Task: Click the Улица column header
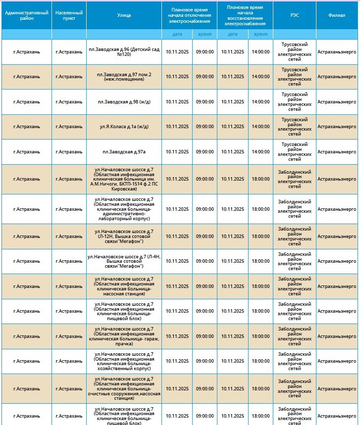(124, 15)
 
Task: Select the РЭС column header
(294, 15)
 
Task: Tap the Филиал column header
(337, 15)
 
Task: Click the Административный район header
(27, 15)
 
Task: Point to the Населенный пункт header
(69, 15)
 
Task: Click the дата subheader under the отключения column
(177, 34)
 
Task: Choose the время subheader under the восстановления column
(260, 34)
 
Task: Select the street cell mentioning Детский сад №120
(124, 52)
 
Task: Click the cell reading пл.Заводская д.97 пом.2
(124, 77)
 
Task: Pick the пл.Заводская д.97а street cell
(124, 152)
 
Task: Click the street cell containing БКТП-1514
(124, 179)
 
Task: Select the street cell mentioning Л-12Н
(124, 236)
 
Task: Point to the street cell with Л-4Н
(124, 261)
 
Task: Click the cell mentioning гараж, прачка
(124, 336)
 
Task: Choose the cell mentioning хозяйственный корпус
(124, 361)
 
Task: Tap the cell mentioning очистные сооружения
(124, 388)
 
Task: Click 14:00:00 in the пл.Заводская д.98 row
(260, 102)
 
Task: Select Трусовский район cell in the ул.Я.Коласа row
(294, 127)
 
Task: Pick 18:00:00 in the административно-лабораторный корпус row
(260, 209)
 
